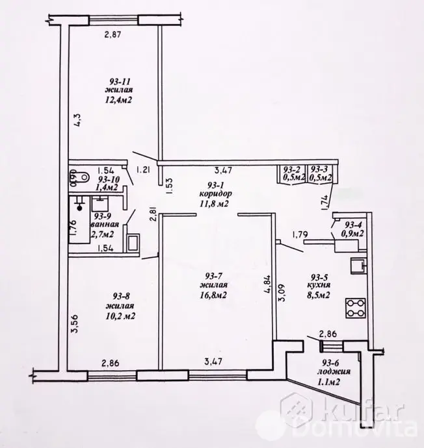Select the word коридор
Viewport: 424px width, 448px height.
[215, 194]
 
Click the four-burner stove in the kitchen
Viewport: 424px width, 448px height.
[356, 308]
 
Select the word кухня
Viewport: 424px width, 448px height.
[319, 285]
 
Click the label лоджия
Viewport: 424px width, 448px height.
[334, 372]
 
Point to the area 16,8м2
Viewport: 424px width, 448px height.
[214, 294]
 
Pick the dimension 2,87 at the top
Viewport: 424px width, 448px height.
[113, 35]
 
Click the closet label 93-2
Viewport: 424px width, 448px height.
[291, 169]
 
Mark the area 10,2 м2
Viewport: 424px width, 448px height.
[120, 316]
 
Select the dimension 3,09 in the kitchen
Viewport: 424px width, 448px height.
[282, 295]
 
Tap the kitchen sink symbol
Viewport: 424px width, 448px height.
[358, 265]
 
